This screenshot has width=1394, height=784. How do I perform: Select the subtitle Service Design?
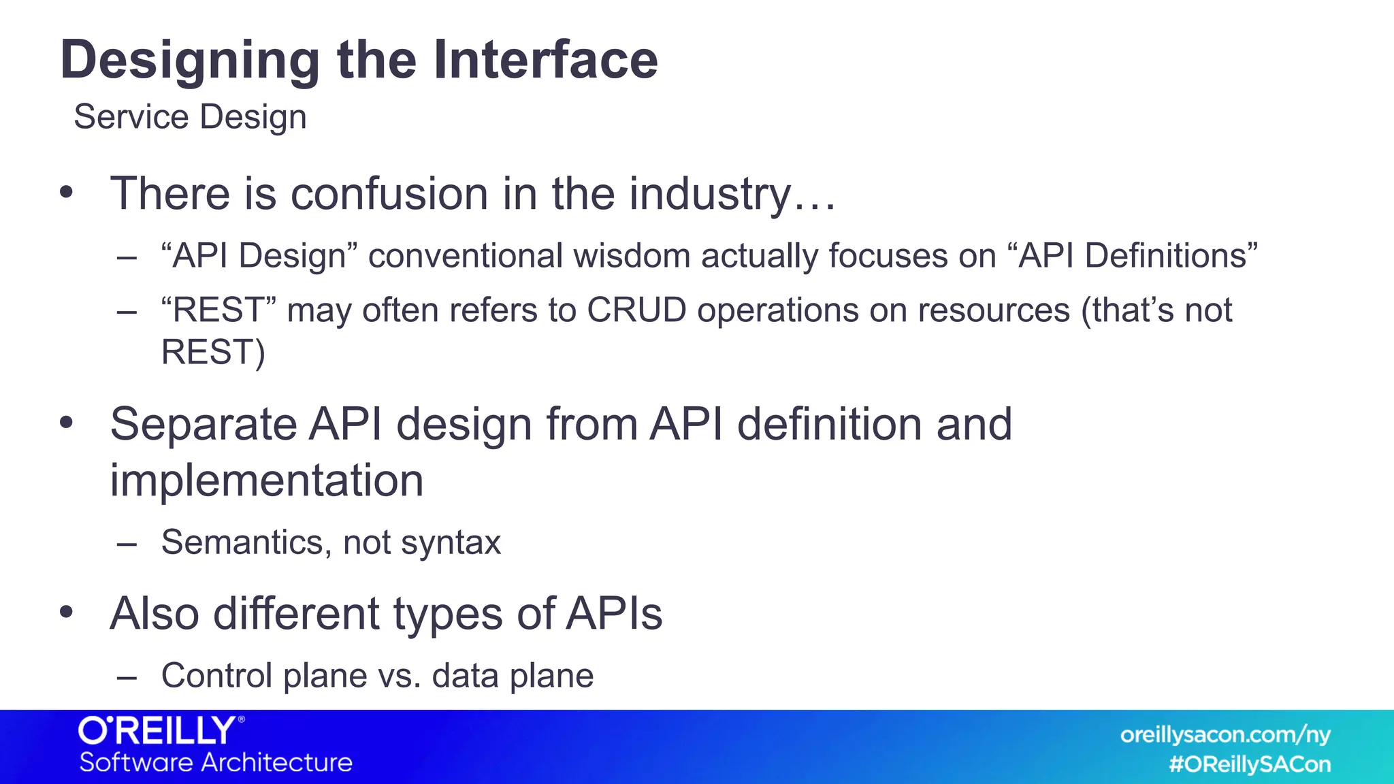coord(190,117)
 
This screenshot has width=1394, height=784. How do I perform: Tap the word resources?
coord(994,310)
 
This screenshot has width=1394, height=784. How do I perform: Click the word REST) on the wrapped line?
coord(213,353)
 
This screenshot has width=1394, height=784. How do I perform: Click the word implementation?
coord(267,480)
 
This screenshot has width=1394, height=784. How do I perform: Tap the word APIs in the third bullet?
coord(614,614)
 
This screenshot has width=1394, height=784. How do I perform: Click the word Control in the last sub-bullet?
coord(216,676)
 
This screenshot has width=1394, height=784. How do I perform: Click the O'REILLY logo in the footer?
coord(161,731)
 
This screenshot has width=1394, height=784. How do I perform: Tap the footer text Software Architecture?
coord(216,763)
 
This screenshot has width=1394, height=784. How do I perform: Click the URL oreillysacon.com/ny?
coord(1225,735)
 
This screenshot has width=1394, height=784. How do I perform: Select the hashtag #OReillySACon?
coord(1250,764)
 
